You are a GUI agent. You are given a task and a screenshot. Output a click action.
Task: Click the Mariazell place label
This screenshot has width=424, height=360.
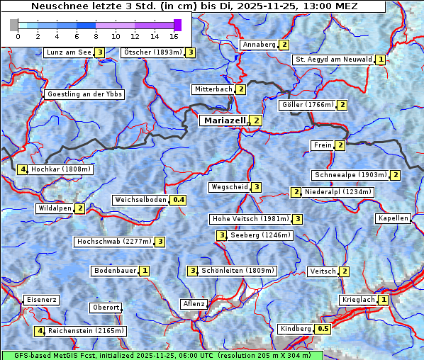click(224, 120)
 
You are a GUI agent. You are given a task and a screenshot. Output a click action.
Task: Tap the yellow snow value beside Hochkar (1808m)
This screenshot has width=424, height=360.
click(23, 169)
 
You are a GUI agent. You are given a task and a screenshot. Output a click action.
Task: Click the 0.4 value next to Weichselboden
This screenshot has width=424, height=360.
click(179, 200)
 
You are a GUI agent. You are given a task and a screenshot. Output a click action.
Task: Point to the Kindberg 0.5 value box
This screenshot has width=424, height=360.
click(323, 329)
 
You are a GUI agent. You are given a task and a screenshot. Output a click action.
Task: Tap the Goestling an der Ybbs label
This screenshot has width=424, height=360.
click(84, 94)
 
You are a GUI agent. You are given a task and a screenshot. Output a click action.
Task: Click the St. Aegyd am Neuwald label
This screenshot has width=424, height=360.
click(333, 60)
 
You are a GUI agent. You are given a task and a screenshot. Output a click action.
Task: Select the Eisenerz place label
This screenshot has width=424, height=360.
click(42, 300)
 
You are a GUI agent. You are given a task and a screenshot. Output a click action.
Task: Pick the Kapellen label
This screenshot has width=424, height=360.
click(394, 218)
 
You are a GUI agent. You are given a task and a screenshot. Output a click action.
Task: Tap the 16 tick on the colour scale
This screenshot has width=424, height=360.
click(174, 36)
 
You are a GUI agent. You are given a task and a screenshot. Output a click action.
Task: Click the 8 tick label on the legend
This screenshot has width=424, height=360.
click(96, 36)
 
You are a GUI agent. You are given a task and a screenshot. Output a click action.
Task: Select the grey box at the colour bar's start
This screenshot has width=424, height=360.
click(14, 25)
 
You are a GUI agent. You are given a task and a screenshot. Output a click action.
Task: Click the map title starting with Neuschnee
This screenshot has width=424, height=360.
click(194, 6)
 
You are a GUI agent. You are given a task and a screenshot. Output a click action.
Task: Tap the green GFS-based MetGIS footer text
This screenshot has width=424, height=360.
click(162, 355)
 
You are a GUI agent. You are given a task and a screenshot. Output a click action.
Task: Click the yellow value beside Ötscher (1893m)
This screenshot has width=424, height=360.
click(190, 52)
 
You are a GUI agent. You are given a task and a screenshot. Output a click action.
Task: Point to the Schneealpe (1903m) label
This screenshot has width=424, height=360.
click(350, 175)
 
